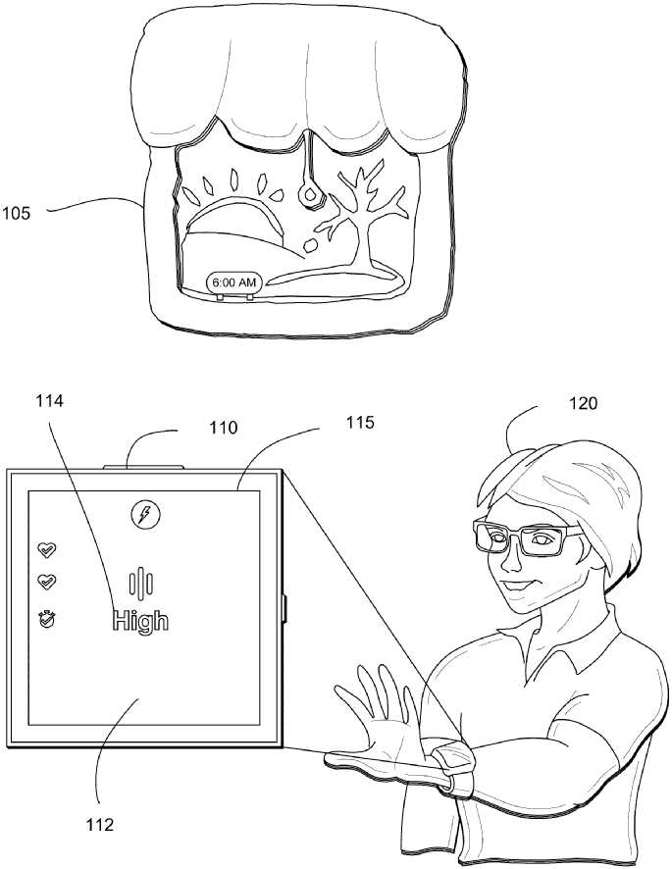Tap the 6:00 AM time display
(233, 282)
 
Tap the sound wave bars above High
(143, 583)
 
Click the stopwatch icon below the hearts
(44, 618)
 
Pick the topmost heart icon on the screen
(44, 548)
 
